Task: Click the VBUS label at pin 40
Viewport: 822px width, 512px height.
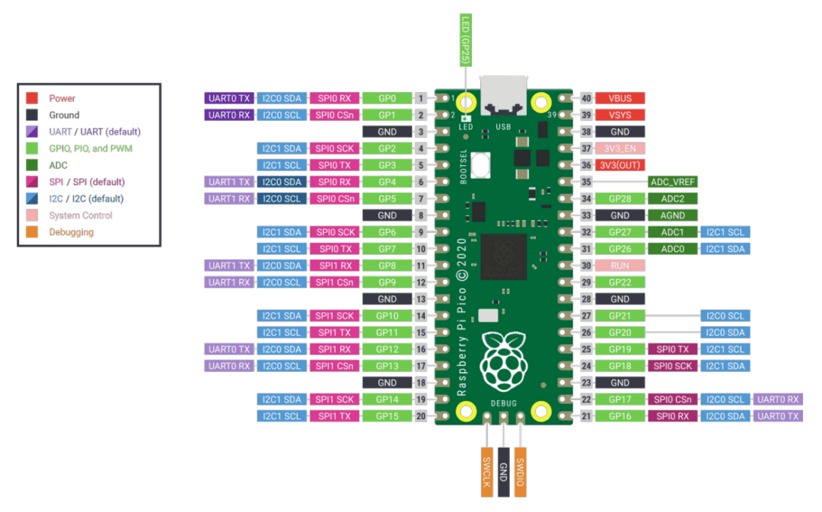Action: pos(620,98)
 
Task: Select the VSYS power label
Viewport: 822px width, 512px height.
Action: pos(620,115)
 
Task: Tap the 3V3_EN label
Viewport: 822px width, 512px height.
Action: pos(620,148)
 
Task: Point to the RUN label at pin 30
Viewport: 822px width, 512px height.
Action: pos(620,266)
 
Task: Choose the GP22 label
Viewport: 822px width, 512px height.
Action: pos(620,282)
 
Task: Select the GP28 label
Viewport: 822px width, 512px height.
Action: pos(620,199)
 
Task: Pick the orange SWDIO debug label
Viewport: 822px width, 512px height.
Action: pos(521,471)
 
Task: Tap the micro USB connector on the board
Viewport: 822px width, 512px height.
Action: pos(503,96)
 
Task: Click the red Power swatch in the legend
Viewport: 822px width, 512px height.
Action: pos(32,98)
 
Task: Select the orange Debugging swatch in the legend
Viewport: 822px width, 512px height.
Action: pos(32,232)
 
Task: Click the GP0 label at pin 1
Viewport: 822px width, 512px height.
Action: pos(387,98)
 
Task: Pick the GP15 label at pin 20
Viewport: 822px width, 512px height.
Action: pos(387,416)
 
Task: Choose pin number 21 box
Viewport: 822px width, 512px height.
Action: pos(586,416)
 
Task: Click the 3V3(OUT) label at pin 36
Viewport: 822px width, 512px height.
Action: pos(620,165)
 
